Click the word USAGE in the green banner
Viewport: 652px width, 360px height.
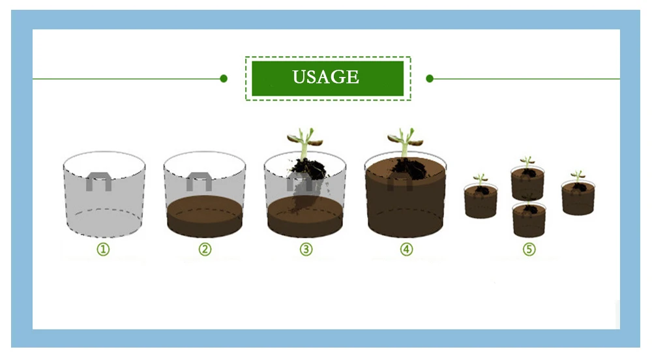(x=325, y=77)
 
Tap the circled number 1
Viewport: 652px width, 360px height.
(x=104, y=249)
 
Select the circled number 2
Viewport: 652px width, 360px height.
(x=205, y=249)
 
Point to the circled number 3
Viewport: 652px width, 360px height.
(x=306, y=249)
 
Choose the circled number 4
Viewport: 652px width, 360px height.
(x=407, y=249)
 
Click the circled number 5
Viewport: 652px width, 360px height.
(x=529, y=249)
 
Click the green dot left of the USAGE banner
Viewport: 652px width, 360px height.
(x=224, y=78)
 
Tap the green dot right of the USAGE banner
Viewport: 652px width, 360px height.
(x=430, y=78)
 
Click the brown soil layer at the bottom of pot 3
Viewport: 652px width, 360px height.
(x=304, y=220)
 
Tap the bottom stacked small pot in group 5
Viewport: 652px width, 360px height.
(x=529, y=220)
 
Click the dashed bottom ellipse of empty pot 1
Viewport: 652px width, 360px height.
(x=104, y=209)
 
